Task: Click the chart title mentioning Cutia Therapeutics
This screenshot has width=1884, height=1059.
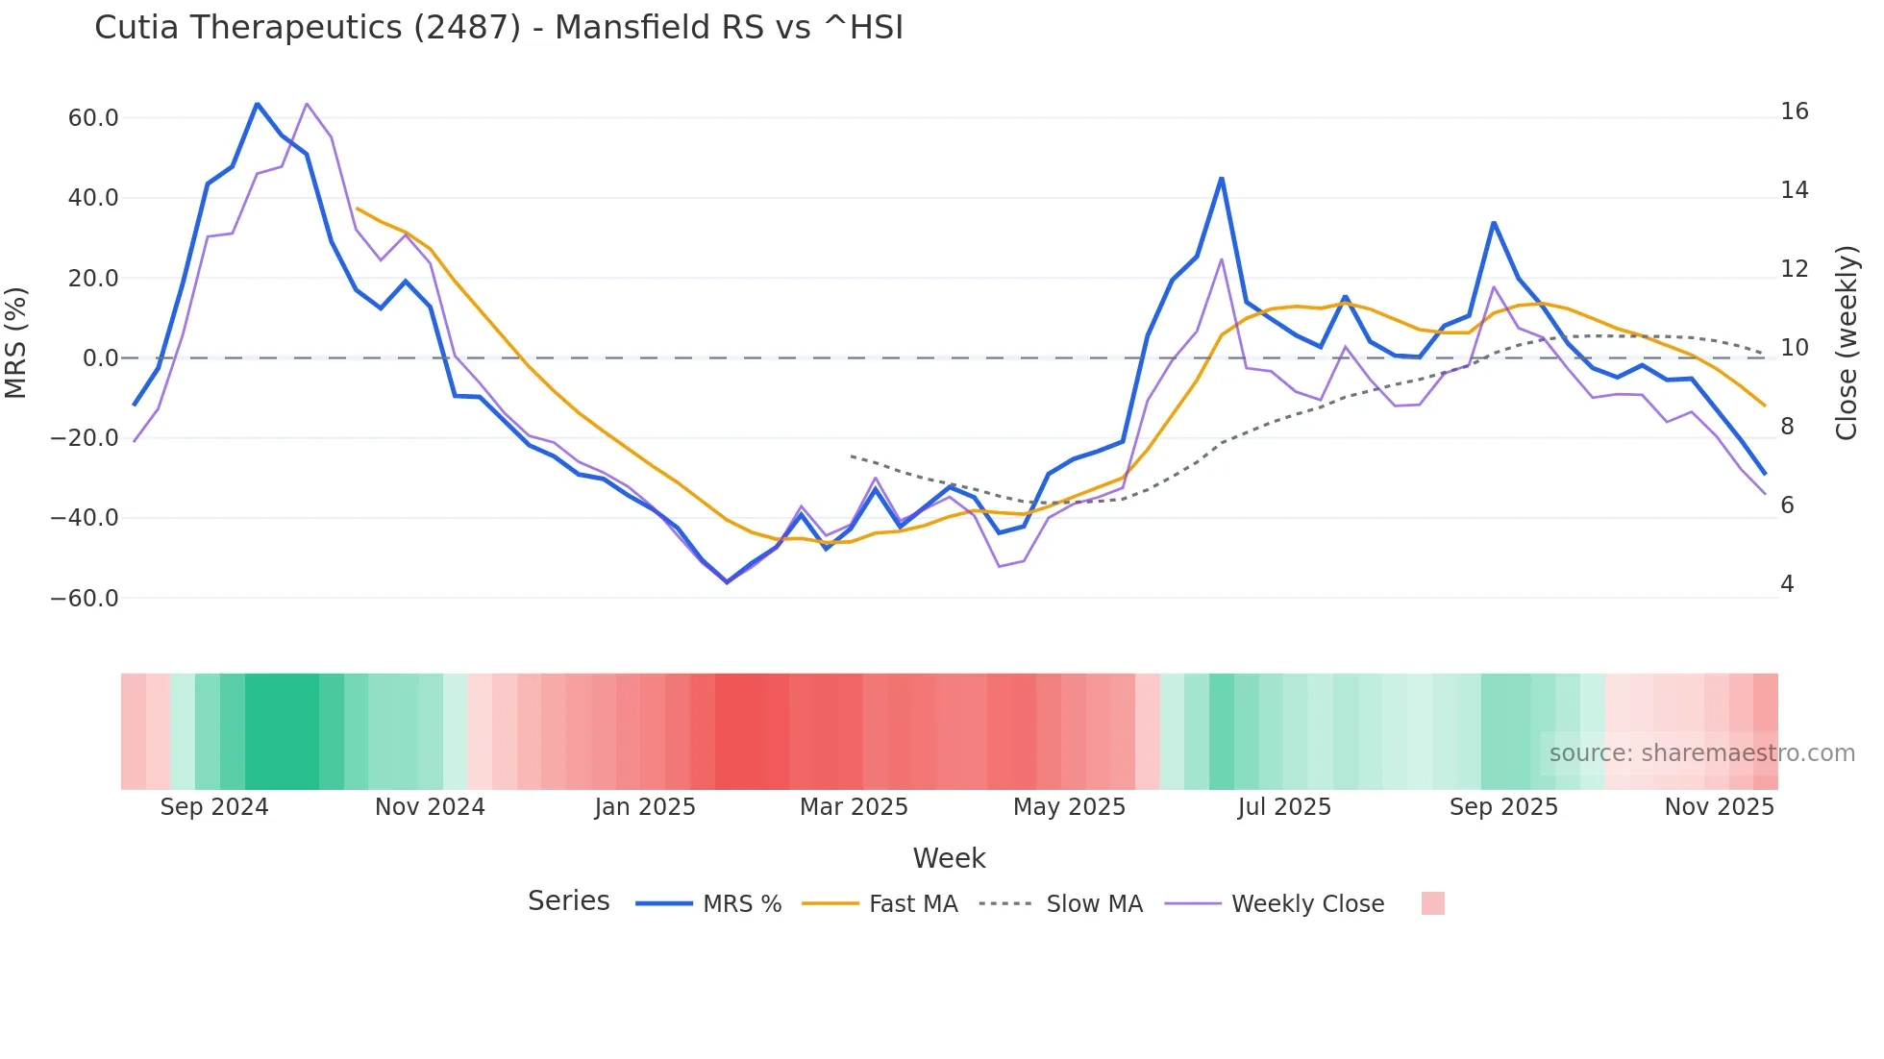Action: click(498, 28)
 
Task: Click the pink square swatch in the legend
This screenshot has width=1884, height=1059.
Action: click(1432, 903)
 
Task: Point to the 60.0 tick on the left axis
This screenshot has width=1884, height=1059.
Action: click(93, 118)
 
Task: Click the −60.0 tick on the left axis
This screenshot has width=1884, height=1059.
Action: click(85, 599)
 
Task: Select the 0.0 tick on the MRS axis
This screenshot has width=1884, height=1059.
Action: click(100, 358)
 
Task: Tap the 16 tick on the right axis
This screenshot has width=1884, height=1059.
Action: click(1794, 111)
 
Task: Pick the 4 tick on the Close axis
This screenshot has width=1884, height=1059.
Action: click(1787, 584)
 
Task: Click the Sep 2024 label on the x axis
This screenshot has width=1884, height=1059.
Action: click(214, 807)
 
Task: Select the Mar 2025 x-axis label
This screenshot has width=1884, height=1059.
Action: click(854, 807)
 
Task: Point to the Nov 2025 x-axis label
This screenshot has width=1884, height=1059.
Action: click(1719, 807)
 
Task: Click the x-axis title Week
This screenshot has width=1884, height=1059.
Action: click(949, 858)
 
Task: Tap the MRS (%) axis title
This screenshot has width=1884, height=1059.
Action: click(16, 342)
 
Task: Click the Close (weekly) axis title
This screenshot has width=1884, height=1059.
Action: click(1847, 343)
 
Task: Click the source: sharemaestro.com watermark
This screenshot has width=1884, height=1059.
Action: click(1701, 753)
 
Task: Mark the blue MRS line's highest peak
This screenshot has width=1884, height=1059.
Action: click(257, 104)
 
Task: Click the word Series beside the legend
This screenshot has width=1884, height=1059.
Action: click(568, 901)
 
